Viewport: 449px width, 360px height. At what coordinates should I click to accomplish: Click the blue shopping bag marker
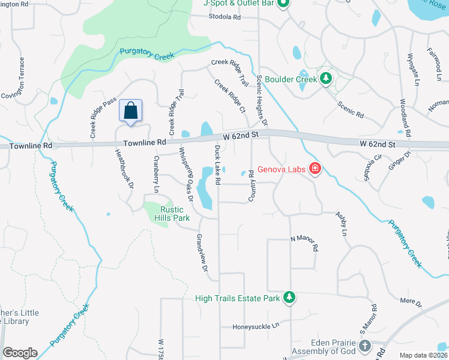[x=130, y=111]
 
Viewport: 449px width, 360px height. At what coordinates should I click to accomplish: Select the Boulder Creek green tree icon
[x=326, y=79]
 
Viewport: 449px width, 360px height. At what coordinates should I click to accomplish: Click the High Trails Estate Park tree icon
[x=289, y=297]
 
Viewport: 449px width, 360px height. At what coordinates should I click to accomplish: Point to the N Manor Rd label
[x=304, y=239]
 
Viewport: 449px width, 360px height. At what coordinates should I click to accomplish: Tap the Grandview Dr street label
[x=200, y=257]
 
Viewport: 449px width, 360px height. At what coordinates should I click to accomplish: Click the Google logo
[x=20, y=353]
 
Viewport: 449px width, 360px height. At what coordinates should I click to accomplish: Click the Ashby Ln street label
[x=342, y=223]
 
